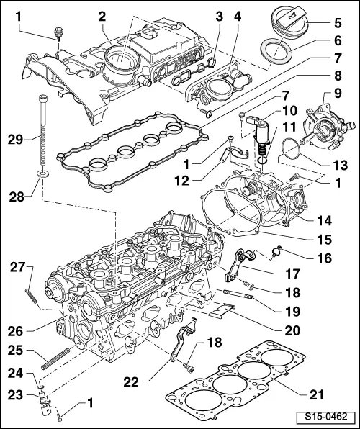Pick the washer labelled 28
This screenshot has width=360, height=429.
41,173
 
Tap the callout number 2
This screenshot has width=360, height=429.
102,17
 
